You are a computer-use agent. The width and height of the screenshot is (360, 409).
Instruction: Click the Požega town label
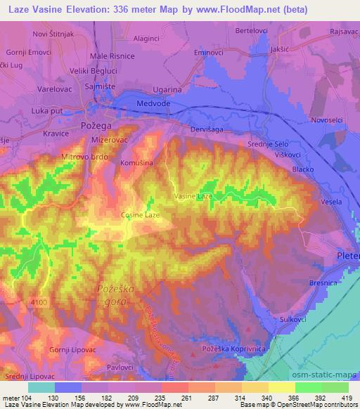[98, 124]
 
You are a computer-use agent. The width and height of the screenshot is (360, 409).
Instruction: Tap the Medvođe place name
[152, 104]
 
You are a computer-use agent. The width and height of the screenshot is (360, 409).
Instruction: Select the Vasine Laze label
[193, 197]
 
